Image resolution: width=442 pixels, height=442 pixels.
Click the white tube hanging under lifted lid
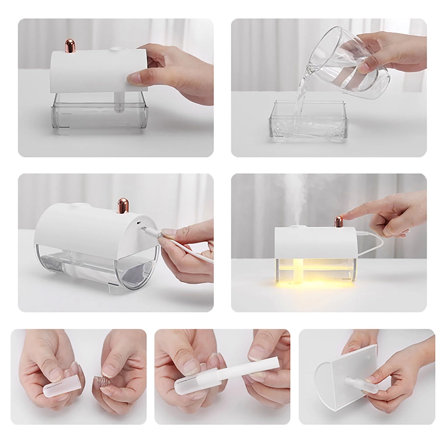point(118,102)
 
